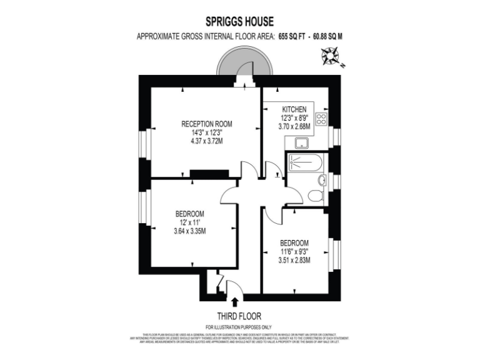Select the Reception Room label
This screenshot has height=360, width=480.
point(206,123)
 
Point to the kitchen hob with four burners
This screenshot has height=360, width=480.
point(322,119)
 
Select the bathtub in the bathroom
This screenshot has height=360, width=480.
point(306,164)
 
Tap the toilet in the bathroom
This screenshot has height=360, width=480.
point(315,195)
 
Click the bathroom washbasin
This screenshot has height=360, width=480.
point(322,181)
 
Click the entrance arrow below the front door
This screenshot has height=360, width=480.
point(234,302)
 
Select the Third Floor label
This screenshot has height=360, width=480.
point(239,316)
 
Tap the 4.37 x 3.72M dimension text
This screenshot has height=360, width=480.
point(206,141)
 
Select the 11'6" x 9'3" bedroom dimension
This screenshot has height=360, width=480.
point(294,252)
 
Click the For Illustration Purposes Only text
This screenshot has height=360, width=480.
point(239,327)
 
